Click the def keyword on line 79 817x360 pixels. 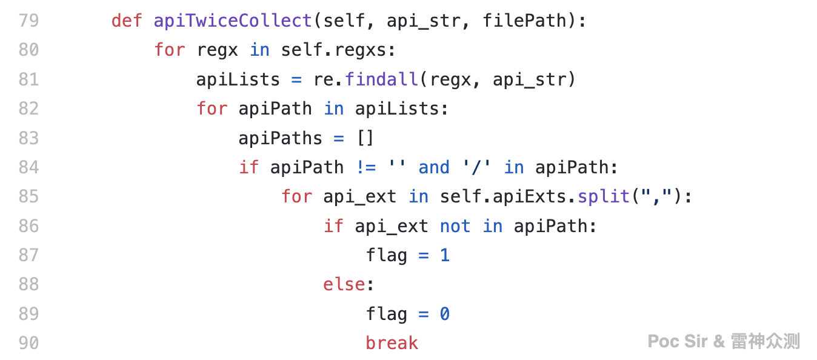(127, 21)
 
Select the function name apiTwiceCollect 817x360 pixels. (233, 21)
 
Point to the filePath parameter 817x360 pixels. (524, 21)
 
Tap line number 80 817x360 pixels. (29, 50)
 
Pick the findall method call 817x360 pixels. (381, 79)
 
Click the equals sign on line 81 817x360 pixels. (296, 79)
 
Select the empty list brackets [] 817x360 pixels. (365, 138)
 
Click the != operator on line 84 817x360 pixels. (366, 167)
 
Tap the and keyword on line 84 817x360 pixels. (434, 167)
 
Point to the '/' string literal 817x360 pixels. (476, 167)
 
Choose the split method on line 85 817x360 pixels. (604, 196)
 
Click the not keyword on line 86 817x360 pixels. (455, 226)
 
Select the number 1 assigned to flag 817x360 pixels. (445, 255)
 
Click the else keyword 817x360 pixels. (344, 284)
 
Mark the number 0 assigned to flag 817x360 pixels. (445, 314)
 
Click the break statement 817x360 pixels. (392, 343)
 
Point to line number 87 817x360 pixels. (29, 255)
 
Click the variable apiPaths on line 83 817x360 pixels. (281, 138)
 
